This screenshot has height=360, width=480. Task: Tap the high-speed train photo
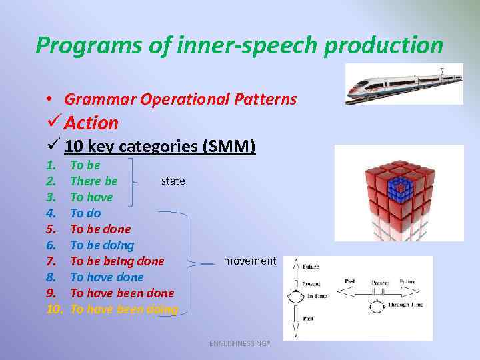coord(404,84)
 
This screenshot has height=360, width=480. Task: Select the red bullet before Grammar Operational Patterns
coord(50,99)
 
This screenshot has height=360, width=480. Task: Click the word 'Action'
coord(91,123)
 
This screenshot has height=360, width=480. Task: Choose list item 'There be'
coord(93,181)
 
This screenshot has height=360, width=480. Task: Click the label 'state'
coord(173,181)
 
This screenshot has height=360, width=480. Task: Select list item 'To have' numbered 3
coord(91,197)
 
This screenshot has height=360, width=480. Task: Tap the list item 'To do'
coord(85,213)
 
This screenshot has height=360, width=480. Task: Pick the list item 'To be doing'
coord(102,245)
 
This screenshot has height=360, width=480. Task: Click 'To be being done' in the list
coord(117,261)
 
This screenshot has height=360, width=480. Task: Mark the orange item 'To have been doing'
coord(124,309)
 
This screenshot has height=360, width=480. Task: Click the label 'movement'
coord(249,261)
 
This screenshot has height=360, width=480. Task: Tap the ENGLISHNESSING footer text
coord(239,343)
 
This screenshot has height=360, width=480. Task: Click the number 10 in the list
coord(55,309)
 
